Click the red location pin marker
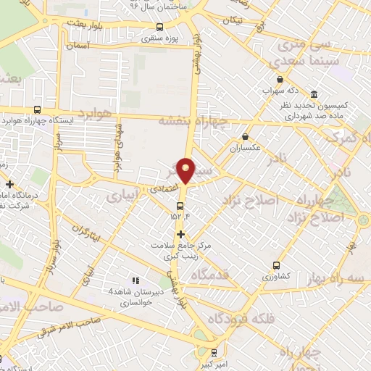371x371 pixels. (x=187, y=170)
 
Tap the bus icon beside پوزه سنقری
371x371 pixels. (x=159, y=28)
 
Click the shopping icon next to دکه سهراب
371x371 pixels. (x=280, y=80)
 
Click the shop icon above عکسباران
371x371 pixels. (x=245, y=136)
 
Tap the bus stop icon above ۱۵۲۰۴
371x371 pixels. (x=180, y=206)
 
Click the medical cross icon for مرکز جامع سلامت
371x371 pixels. (x=180, y=234)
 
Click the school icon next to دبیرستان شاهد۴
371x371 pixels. (x=133, y=280)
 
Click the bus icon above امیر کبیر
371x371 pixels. (x=212, y=353)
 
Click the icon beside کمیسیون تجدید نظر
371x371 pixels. (x=313, y=94)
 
